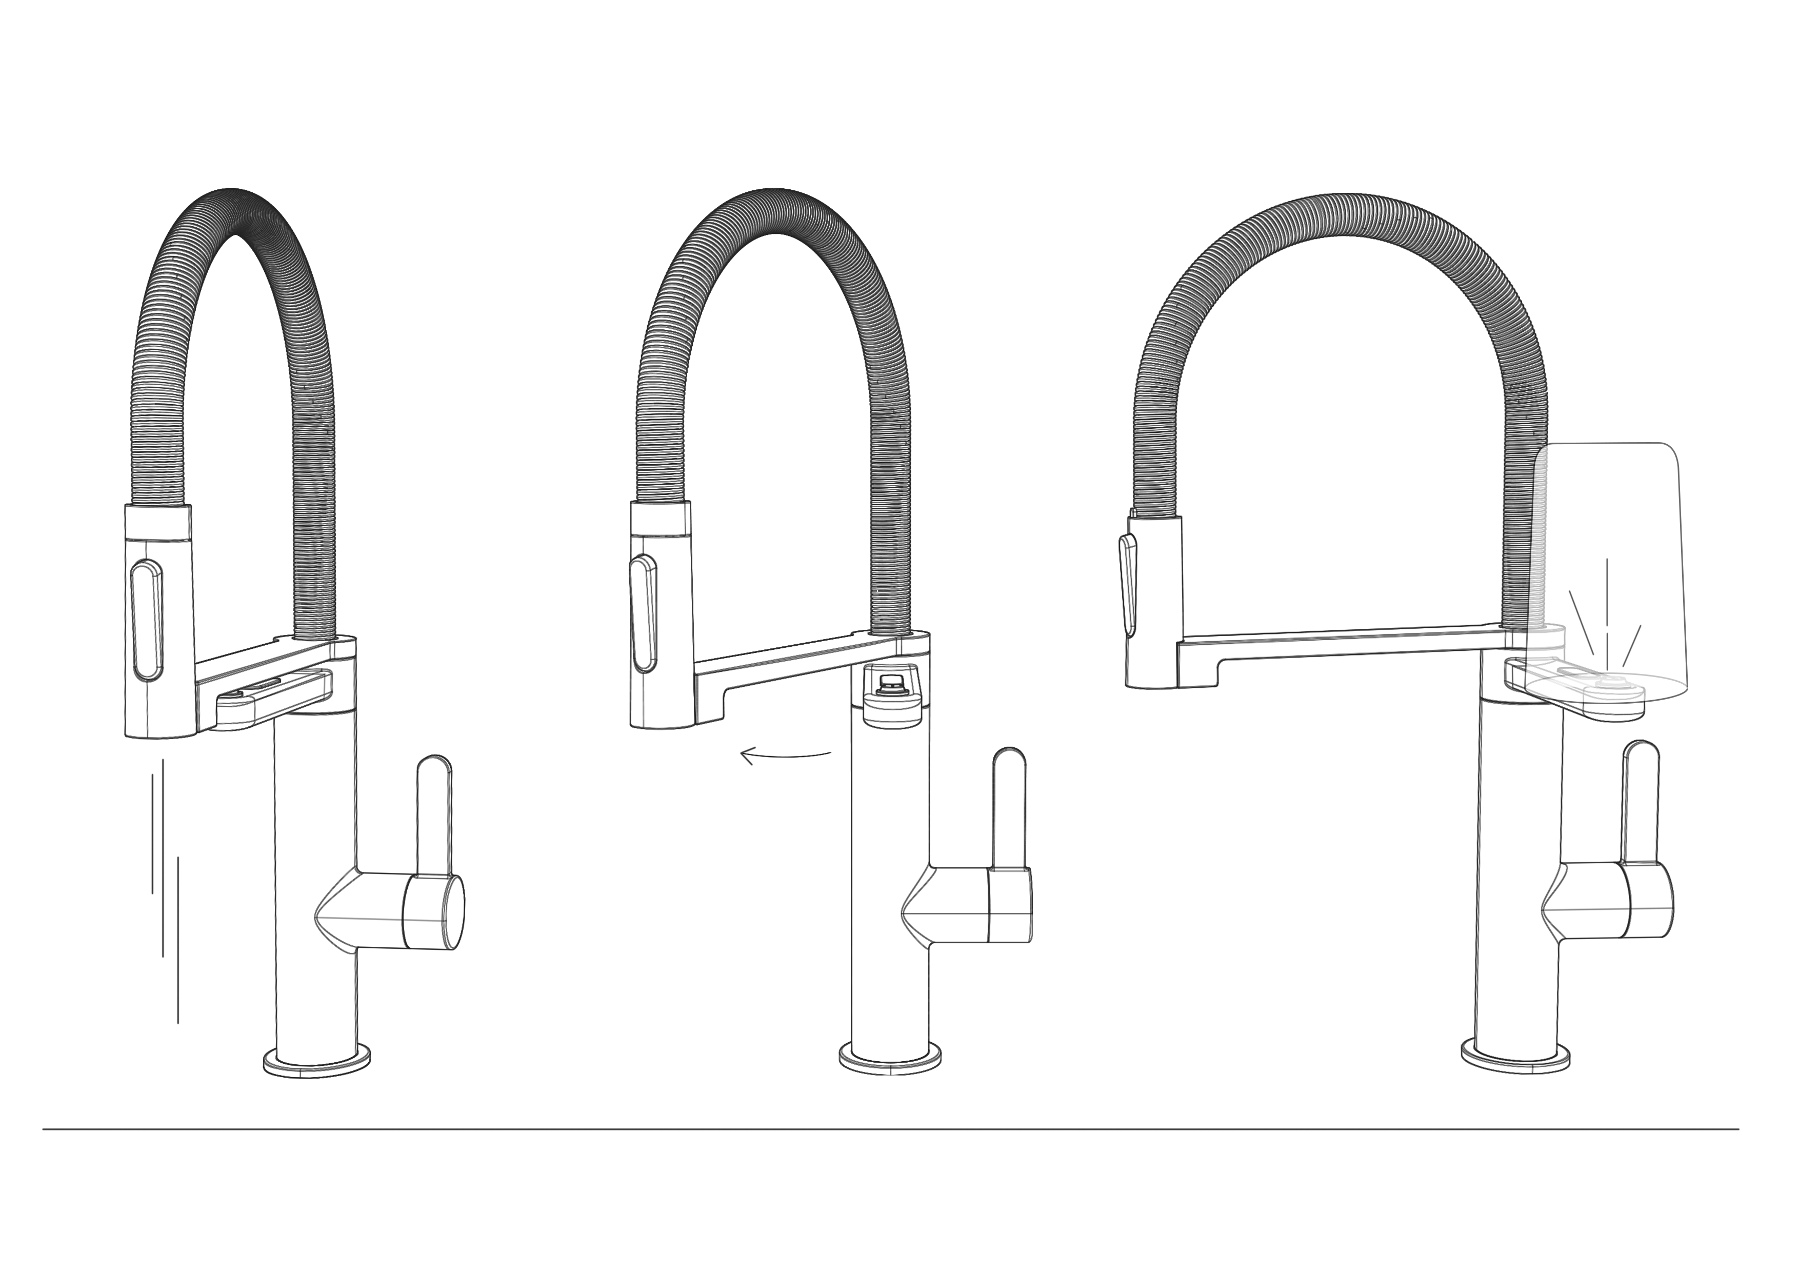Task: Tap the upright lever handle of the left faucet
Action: pos(434,815)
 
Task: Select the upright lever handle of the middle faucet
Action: pos(1009,807)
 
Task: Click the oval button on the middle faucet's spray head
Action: pos(643,613)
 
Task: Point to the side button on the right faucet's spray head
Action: pos(1128,582)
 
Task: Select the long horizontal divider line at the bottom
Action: pos(890,1129)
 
